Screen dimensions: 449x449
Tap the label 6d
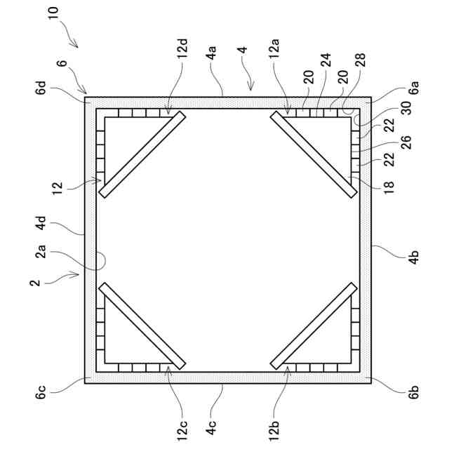pos(43,88)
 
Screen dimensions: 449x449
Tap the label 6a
pos(414,88)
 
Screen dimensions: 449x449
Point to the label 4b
pos(414,256)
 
